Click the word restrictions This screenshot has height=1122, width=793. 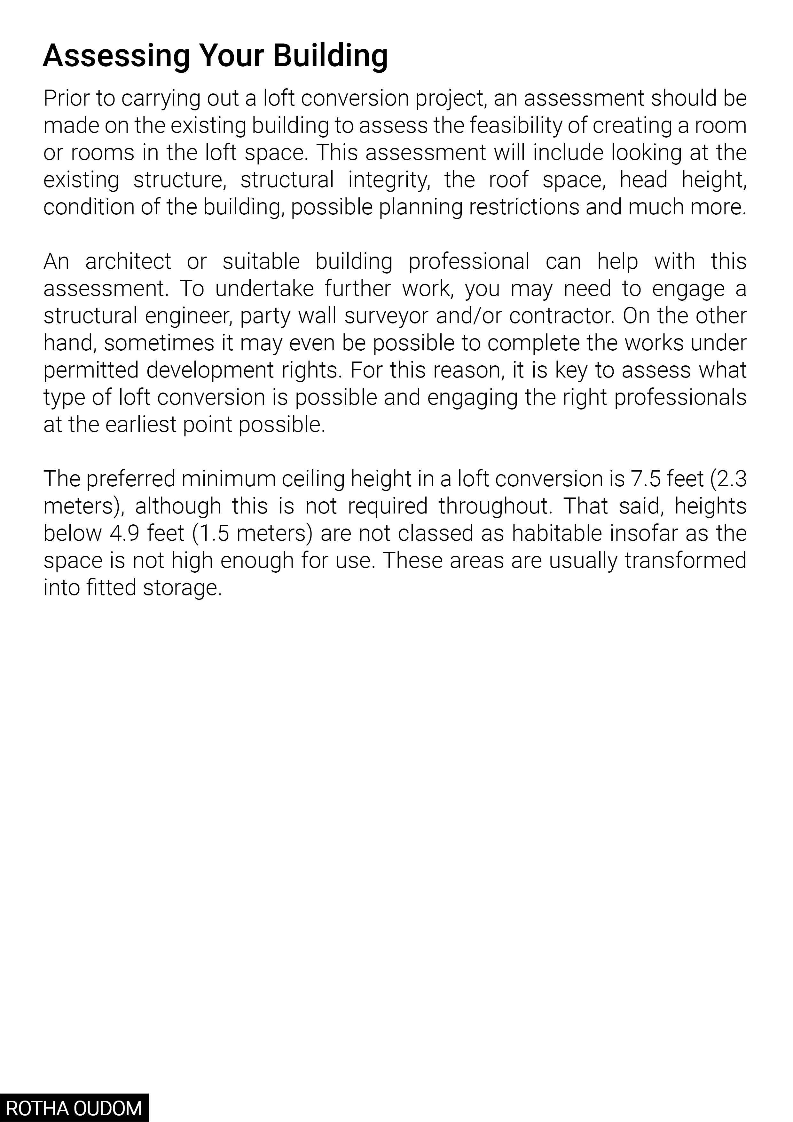[524, 207]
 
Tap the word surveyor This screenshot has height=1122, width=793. [387, 316]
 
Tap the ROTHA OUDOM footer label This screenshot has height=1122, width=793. [74, 1108]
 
